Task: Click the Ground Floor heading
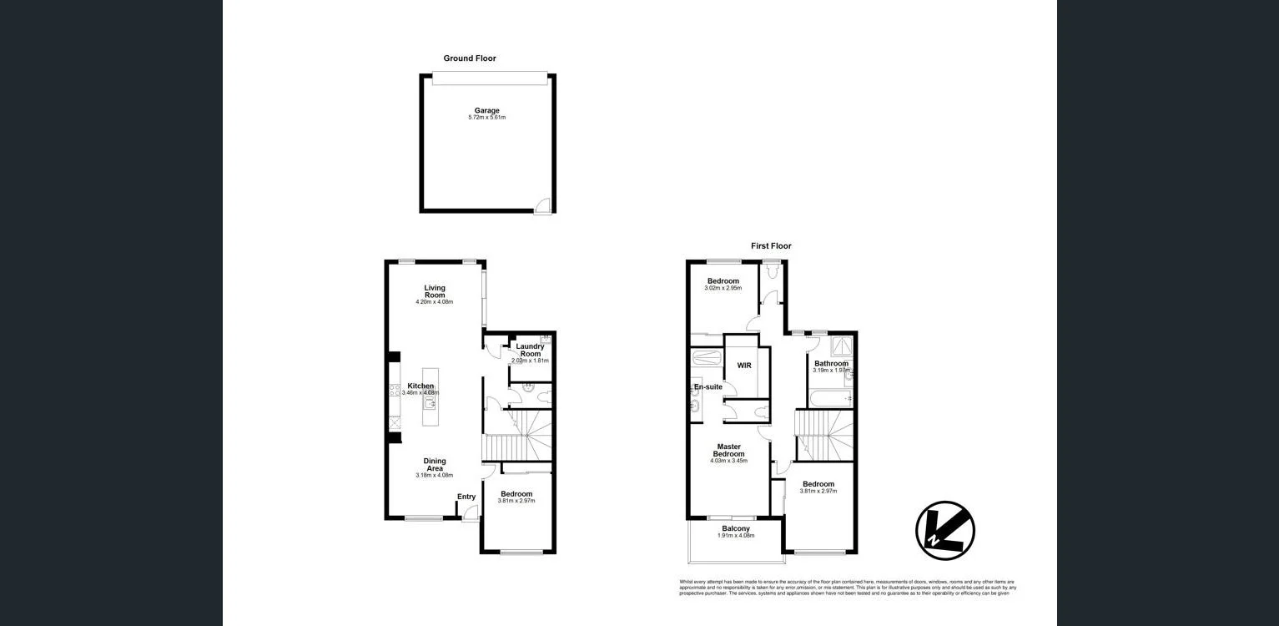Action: [x=469, y=58]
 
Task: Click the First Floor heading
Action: [x=771, y=246]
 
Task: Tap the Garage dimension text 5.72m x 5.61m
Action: [x=487, y=118]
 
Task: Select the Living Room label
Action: [x=435, y=291]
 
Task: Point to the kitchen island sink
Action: [x=431, y=403]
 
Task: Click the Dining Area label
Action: [x=435, y=465]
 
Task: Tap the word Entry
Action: [x=466, y=497]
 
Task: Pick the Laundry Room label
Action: [x=530, y=350]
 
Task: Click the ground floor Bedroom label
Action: [x=516, y=494]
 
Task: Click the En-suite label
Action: [x=708, y=387]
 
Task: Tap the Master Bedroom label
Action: [x=728, y=450]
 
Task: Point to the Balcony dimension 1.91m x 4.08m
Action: [x=736, y=536]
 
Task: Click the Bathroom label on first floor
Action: [x=831, y=364]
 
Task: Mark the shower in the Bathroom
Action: [x=838, y=343]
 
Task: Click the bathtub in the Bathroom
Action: [x=830, y=400]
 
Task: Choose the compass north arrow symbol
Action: [x=945, y=530]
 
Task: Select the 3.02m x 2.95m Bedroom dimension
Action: [x=723, y=289]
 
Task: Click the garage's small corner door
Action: [x=543, y=204]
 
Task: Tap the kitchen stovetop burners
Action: [x=395, y=390]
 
